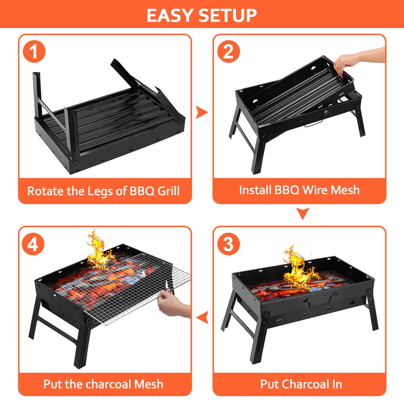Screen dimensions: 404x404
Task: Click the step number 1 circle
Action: pos(34,52)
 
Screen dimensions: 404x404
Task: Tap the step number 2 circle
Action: pos(228,52)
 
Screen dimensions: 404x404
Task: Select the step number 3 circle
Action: pos(228,244)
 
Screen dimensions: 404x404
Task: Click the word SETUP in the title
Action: pos(228,15)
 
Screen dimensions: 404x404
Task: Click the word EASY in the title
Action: pos(170,15)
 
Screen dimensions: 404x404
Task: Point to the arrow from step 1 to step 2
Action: pos(202,113)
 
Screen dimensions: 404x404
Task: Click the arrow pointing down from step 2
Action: pos(303,214)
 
